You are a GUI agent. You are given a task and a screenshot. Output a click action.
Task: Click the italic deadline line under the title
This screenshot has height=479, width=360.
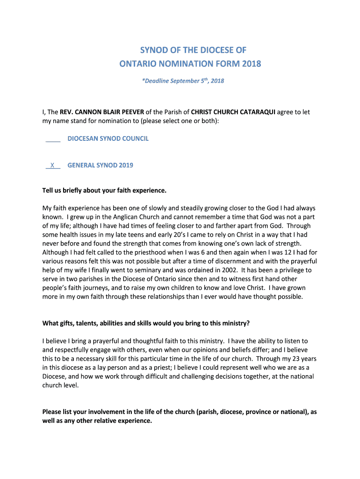[183, 81]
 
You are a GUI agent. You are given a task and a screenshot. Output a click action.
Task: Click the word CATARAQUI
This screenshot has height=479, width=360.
[257, 112]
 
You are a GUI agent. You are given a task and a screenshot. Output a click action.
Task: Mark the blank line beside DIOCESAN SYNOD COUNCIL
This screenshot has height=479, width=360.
[53, 140]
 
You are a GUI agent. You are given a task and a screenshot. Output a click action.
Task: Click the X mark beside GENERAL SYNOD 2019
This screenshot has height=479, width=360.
[52, 165]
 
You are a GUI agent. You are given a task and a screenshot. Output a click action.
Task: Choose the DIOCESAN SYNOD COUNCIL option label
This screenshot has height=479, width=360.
[108, 139]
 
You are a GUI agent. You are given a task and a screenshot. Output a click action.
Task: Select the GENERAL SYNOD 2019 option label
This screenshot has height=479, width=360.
[100, 165]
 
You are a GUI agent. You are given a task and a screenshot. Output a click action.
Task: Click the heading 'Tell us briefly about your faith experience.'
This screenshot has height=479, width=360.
[104, 190]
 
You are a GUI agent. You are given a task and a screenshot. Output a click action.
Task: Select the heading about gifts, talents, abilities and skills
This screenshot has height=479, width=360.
[146, 323]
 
